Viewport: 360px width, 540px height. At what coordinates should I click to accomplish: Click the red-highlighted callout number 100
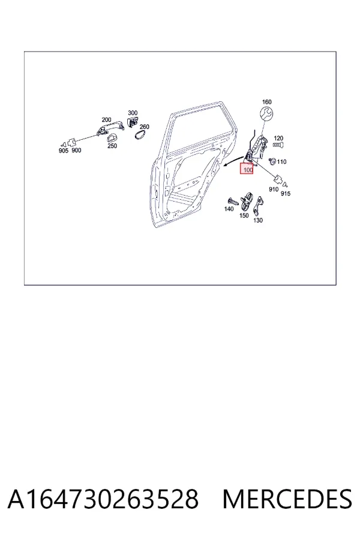pyautogui.click(x=248, y=170)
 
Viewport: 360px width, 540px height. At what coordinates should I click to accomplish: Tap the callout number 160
pyautogui.click(x=266, y=102)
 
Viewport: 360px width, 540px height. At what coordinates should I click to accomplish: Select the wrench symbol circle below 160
pyautogui.click(x=266, y=114)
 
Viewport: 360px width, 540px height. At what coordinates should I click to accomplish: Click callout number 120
pyautogui.click(x=278, y=139)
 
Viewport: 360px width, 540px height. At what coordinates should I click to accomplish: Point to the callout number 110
pyautogui.click(x=281, y=162)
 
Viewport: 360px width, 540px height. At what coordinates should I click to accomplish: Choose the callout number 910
pyautogui.click(x=274, y=190)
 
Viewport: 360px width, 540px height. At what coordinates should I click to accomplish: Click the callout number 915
pyautogui.click(x=286, y=194)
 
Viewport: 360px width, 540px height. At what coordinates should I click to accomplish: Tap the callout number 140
pyautogui.click(x=229, y=209)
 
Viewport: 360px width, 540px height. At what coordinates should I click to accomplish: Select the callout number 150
pyautogui.click(x=244, y=215)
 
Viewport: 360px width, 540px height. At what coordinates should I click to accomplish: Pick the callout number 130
pyautogui.click(x=258, y=220)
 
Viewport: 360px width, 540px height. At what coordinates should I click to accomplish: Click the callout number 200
pyautogui.click(x=106, y=120)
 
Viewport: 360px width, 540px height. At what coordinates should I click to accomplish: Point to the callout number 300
pyautogui.click(x=133, y=113)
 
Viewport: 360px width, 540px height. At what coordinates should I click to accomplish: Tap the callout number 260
pyautogui.click(x=145, y=127)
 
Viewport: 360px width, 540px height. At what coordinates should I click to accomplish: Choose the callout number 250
pyautogui.click(x=112, y=146)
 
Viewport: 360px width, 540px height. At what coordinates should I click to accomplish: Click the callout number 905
pyautogui.click(x=64, y=151)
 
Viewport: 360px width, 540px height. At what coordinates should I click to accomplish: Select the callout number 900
pyautogui.click(x=76, y=150)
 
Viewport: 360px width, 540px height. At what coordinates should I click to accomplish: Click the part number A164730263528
pyautogui.click(x=103, y=499)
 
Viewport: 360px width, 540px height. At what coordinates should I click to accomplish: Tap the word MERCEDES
pyautogui.click(x=287, y=499)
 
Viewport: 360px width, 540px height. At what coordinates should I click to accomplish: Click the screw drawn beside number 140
pyautogui.click(x=233, y=202)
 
